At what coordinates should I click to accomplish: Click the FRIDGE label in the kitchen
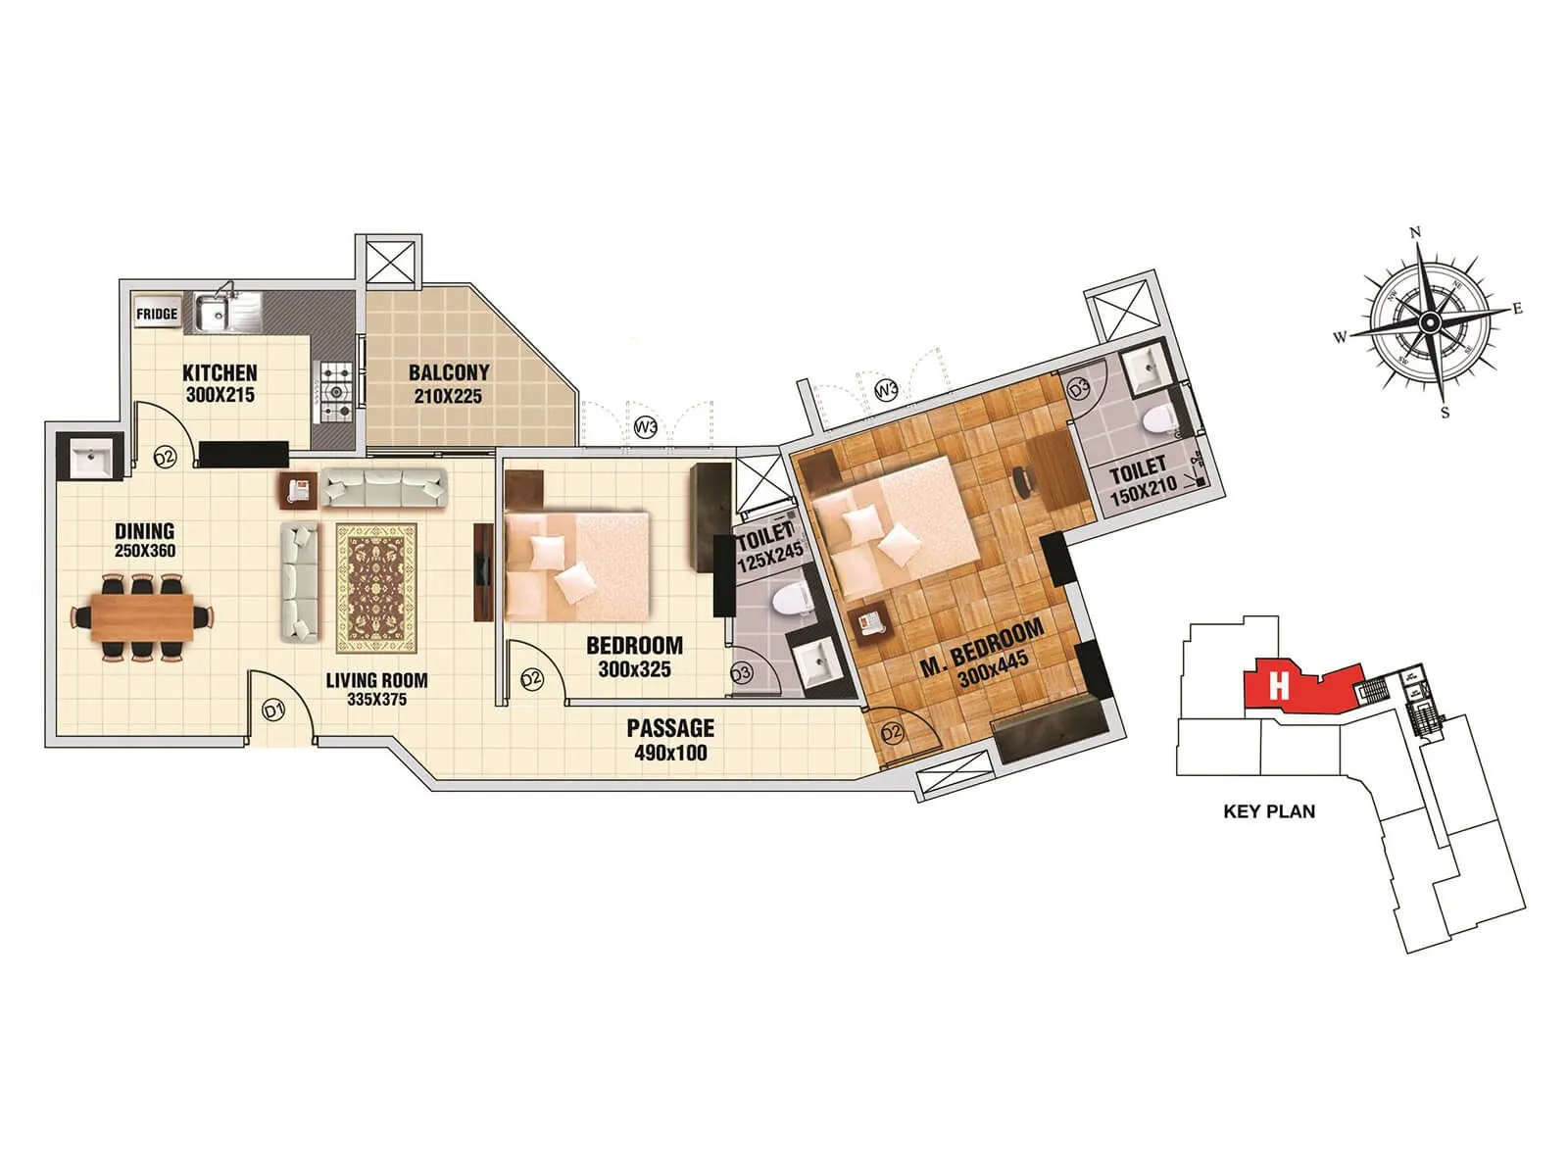click(x=157, y=314)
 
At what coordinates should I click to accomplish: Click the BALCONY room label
click(x=449, y=373)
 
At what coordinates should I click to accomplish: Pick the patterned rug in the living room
click(x=376, y=588)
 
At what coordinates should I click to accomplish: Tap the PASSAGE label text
click(x=670, y=728)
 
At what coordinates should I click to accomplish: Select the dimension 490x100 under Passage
click(x=670, y=753)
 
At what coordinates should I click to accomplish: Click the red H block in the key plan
click(x=1278, y=685)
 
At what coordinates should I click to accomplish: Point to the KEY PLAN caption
click(x=1269, y=811)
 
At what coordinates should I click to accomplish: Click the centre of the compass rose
click(x=1430, y=321)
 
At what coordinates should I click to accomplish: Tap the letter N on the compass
click(x=1414, y=233)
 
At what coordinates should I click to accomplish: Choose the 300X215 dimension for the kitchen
click(x=220, y=396)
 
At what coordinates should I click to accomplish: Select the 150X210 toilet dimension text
click(x=1143, y=493)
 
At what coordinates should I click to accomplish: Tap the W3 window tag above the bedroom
click(x=645, y=427)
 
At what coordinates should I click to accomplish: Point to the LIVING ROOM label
click(x=376, y=680)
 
